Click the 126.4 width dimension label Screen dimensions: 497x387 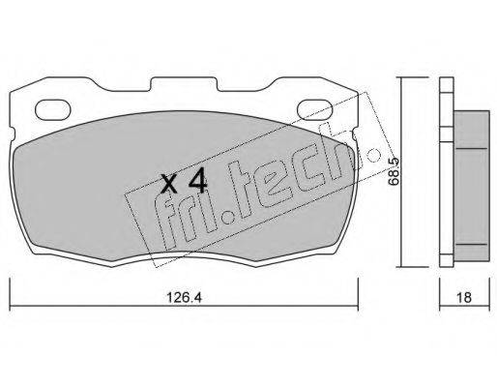[184, 297]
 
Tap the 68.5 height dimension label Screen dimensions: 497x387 [394, 171]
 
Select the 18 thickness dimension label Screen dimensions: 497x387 [464, 297]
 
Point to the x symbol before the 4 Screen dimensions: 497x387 [169, 184]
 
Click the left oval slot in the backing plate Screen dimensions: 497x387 [52, 109]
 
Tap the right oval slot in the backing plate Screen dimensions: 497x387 [314, 109]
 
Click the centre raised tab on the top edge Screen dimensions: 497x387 [184, 84]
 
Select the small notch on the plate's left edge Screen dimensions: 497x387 [13, 134]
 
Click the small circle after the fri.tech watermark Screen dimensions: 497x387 [373, 155]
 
